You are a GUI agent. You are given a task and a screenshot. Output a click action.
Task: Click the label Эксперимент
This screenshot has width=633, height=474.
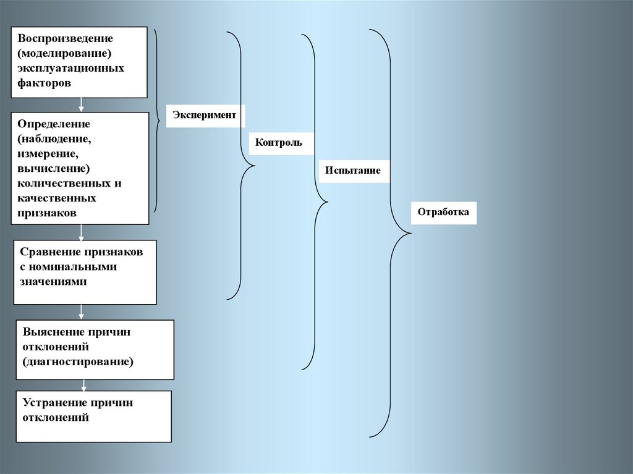click(204, 116)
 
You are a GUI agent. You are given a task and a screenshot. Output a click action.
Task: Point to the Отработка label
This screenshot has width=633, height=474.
click(443, 212)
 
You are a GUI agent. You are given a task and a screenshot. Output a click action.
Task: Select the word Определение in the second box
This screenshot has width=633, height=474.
click(54, 124)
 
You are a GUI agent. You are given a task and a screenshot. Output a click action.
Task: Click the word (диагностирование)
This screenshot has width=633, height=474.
click(78, 361)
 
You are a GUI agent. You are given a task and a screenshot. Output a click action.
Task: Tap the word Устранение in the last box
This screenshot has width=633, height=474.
click(54, 402)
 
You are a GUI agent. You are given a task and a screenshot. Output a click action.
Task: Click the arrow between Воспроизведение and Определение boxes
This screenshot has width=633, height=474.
click(81, 105)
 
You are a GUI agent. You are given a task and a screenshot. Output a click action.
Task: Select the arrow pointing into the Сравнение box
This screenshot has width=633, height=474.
click(81, 232)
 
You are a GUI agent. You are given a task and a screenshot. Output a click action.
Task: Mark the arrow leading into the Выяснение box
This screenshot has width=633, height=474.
click(81, 312)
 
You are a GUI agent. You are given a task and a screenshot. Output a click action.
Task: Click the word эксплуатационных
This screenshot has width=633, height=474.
click(70, 67)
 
